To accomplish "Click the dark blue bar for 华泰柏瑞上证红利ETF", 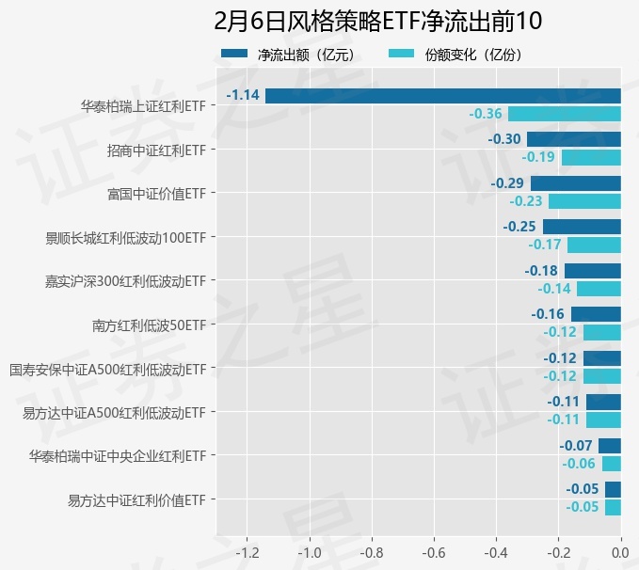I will tap(442, 95).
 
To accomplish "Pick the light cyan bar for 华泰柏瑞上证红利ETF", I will tap(565, 114).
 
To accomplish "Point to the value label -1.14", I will tap(244, 95).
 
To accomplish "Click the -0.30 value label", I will tap(505, 139).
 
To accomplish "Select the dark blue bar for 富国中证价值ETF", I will tap(576, 182).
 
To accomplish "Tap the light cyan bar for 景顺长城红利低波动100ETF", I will tap(594, 245).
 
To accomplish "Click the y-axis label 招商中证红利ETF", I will tap(156, 150).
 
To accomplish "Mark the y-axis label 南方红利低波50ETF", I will tap(149, 325).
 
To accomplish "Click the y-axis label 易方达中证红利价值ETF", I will tap(136, 499).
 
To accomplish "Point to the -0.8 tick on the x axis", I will tap(371, 551).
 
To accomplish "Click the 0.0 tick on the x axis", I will tap(621, 551).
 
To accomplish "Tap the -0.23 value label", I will tap(526, 201).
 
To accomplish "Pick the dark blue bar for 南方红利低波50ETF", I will tap(596, 313).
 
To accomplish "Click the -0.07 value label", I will tap(576, 445).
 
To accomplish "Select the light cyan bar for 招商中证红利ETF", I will tap(591, 157).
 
